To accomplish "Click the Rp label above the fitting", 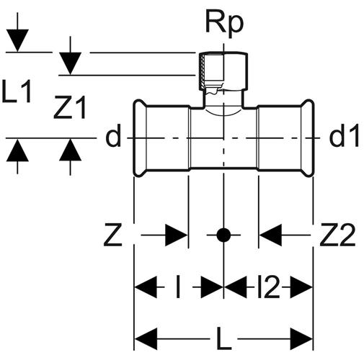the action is pos(225,23).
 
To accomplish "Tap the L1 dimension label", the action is pos(17,91).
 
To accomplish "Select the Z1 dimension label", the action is pos(70,107).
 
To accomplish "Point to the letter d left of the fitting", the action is pos(113,135).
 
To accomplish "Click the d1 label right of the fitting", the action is pos(345,135).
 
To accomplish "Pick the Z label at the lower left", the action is pos(113,235).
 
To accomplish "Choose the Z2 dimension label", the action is pos(337,235).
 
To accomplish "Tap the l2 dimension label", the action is pos(269,287).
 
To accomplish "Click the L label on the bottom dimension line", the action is pos(224,338).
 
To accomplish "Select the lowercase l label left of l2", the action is pos(178,287).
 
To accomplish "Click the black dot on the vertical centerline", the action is pos(223,235).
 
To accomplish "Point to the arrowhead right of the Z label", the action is pos(177,235).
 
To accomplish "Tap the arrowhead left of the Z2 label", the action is pos(270,235).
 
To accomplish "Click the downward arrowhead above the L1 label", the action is pos(17,40).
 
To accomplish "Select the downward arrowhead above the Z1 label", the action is pos(70,63).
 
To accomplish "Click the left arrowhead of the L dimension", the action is pos(146,339).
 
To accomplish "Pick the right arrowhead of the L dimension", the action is pos(301,339).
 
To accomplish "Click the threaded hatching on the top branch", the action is pos(203,71).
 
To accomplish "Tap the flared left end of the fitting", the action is pos(139,138).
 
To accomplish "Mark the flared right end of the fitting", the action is pos(308,138).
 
